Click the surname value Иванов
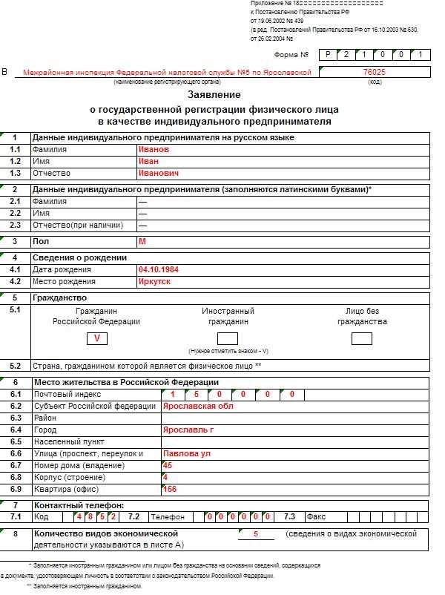154,149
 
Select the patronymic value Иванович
159,173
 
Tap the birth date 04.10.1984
159,270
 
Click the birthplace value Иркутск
154,282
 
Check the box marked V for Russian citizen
96,339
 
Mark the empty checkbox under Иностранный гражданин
228,339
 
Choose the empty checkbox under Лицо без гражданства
362,339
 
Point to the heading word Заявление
214,95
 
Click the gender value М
142,242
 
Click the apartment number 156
169,489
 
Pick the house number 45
167,465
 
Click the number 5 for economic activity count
256,534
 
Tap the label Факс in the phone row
315,516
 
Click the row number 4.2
15,282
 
